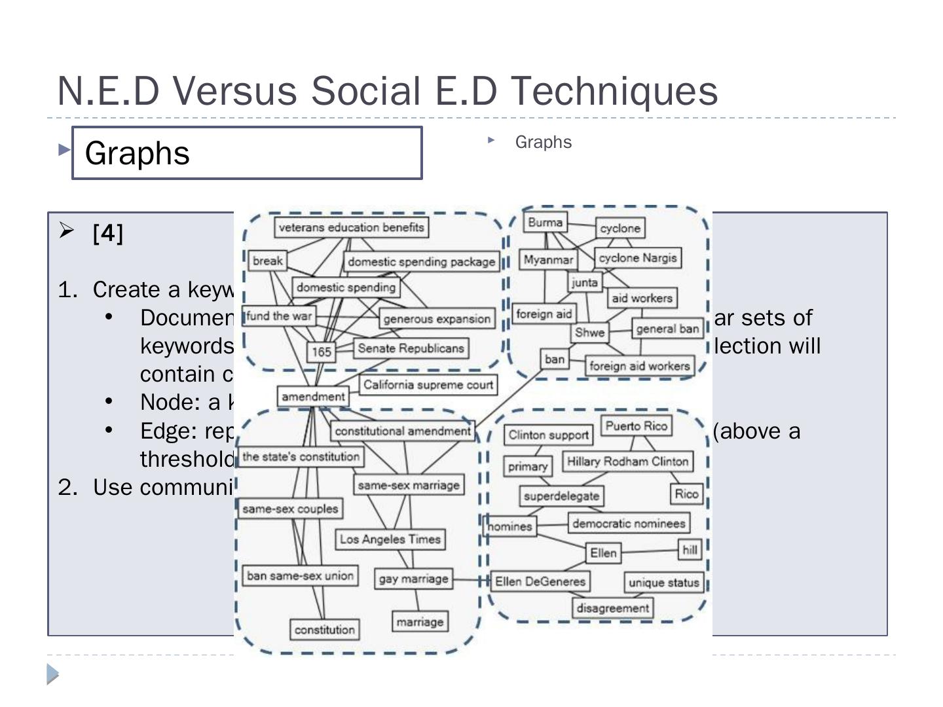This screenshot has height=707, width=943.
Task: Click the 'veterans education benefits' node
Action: [x=351, y=227]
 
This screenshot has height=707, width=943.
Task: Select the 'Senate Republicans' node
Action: [x=411, y=348]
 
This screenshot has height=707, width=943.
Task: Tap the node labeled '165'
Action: [x=321, y=352]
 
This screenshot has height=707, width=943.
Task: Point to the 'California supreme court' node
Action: [x=428, y=384]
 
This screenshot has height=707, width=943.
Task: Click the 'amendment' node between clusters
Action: [x=313, y=397]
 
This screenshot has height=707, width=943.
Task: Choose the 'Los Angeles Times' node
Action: [x=390, y=539]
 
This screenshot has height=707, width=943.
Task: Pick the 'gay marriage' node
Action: [x=413, y=579]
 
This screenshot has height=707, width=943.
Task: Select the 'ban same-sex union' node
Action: [x=301, y=576]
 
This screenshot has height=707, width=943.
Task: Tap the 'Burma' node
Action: [x=545, y=223]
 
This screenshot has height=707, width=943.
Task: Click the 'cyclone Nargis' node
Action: [x=637, y=258]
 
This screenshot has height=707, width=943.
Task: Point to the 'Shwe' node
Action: [x=589, y=333]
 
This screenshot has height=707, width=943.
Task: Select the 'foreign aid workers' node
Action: [x=639, y=366]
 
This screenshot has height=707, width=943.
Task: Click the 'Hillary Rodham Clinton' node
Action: [x=627, y=462]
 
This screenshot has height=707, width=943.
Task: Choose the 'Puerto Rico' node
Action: [x=636, y=426]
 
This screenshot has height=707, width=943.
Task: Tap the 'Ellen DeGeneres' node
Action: [x=540, y=581]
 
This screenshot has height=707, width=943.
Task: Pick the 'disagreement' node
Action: [x=612, y=608]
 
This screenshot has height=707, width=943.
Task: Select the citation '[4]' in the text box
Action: [x=108, y=233]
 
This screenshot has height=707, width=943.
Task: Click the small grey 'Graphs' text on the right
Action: [x=543, y=142]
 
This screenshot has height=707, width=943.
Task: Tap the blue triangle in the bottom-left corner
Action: [x=52, y=674]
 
